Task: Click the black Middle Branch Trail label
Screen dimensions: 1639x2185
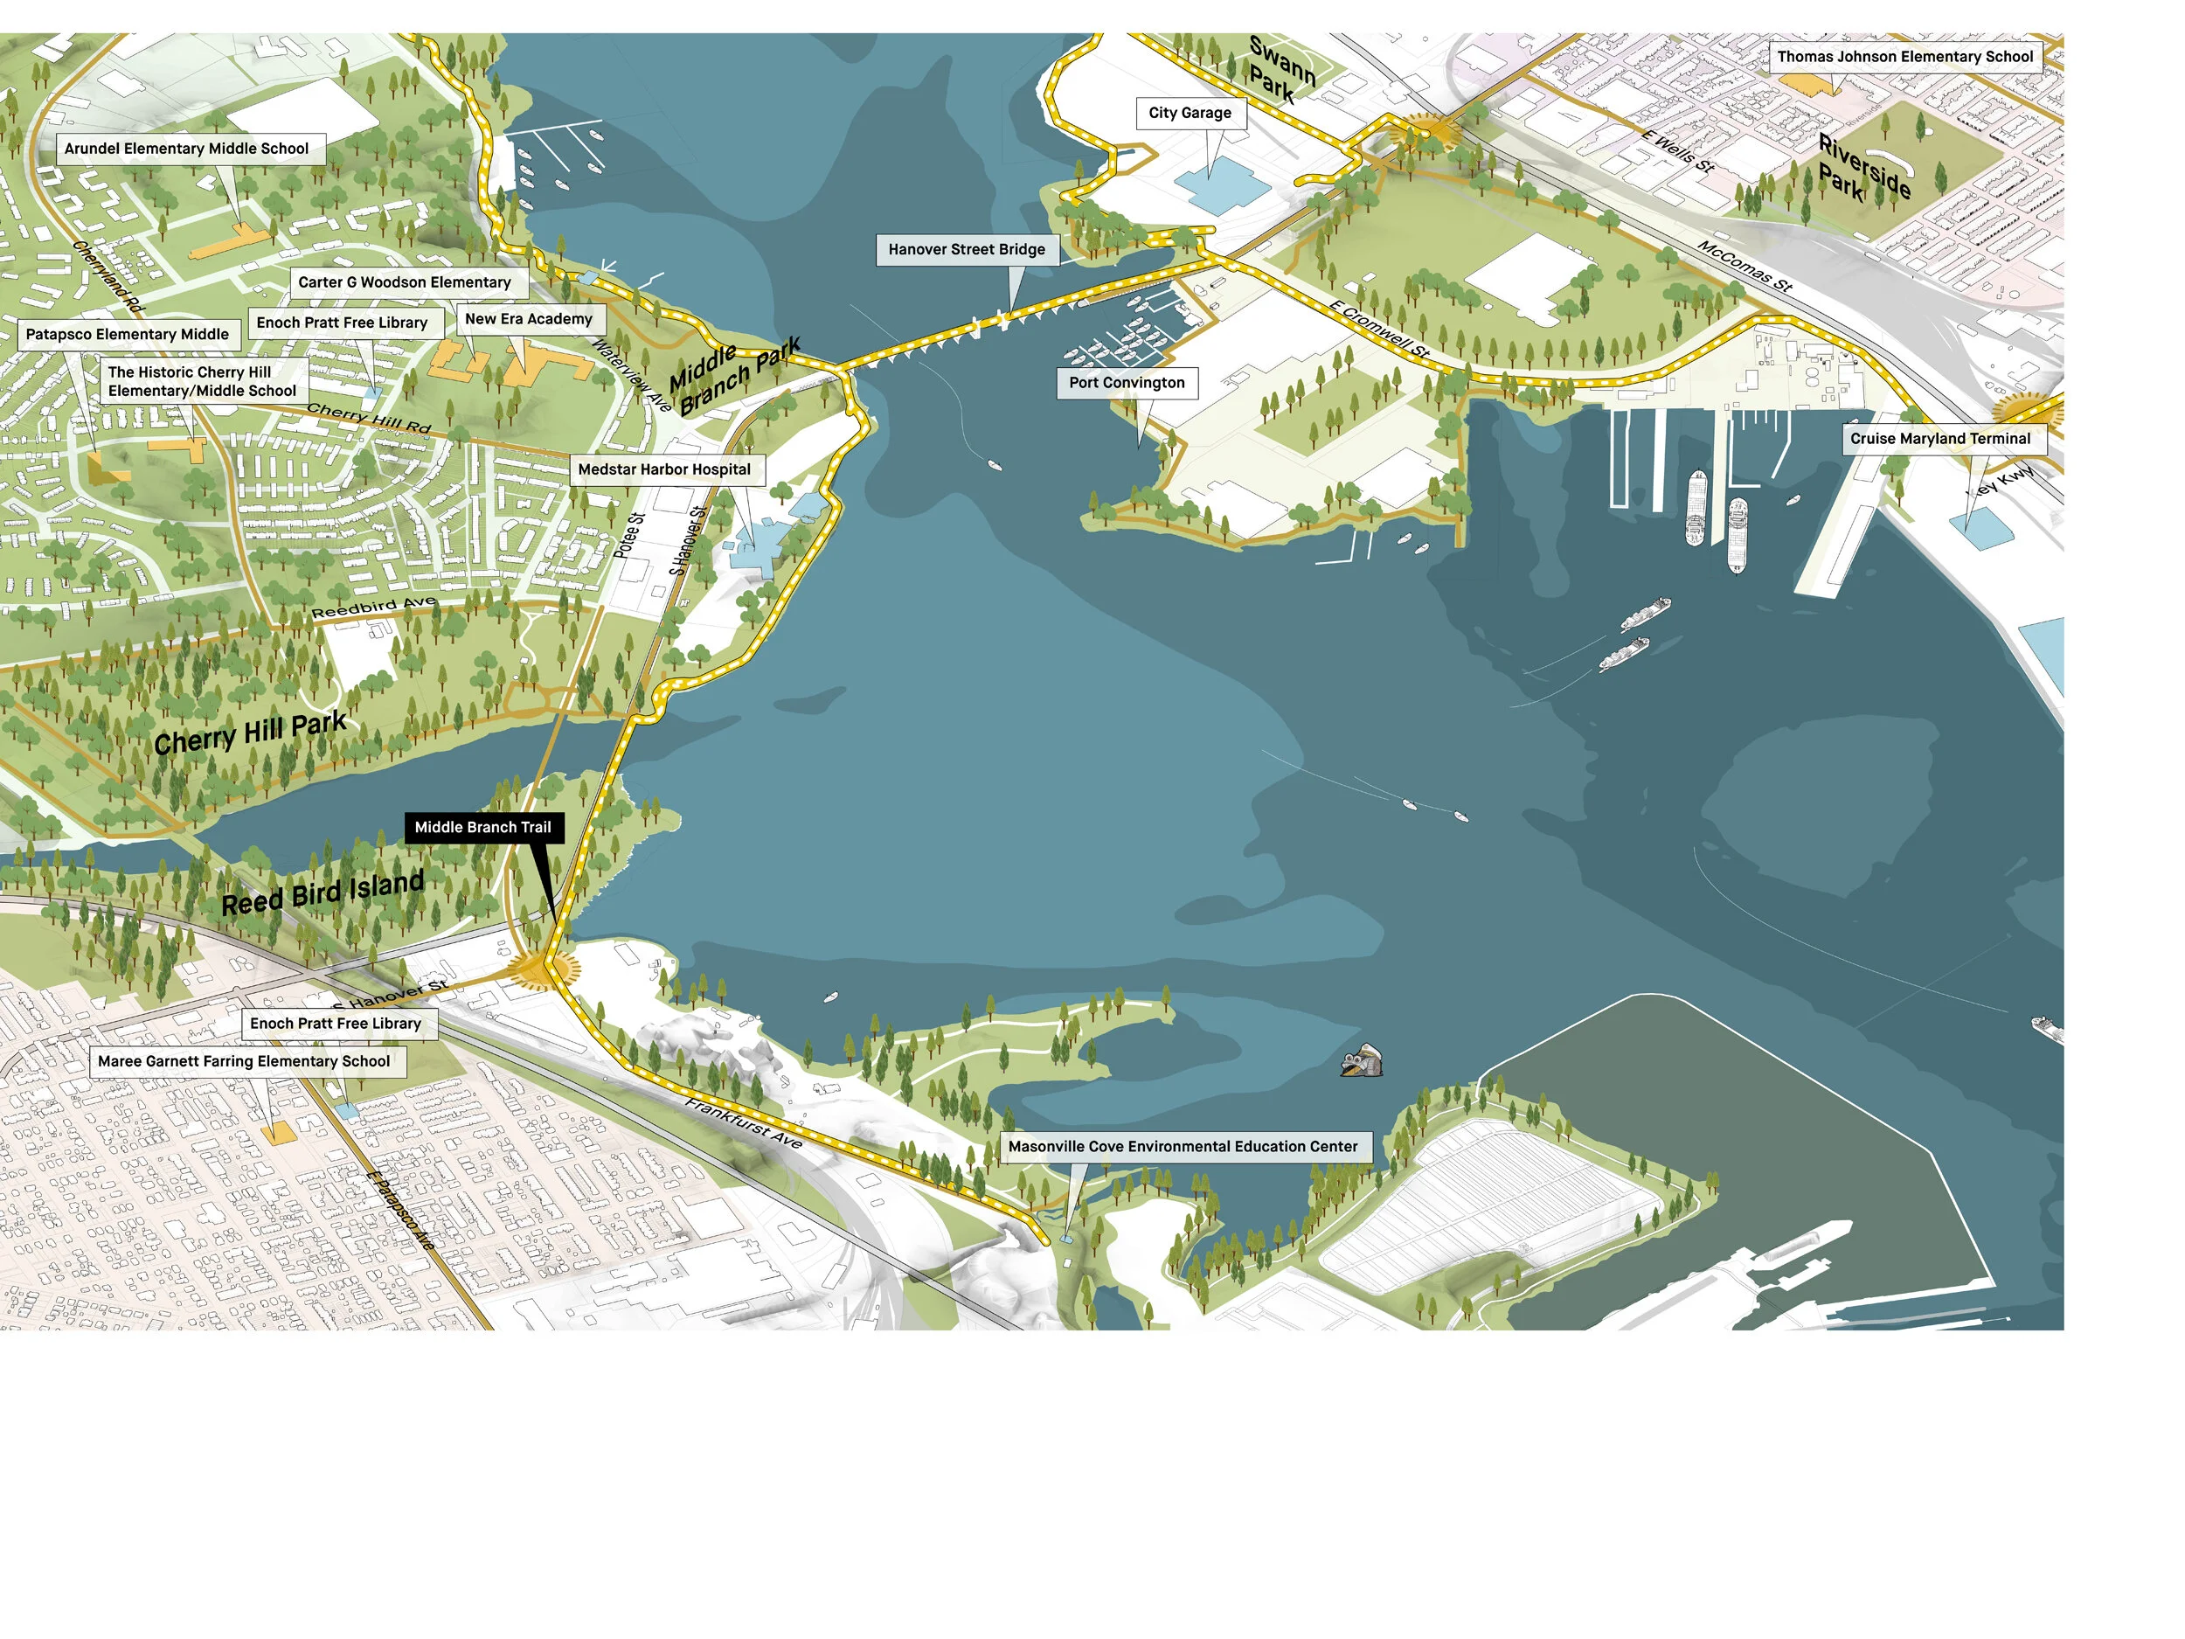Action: (483, 828)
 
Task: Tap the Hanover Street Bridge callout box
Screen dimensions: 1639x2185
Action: (966, 250)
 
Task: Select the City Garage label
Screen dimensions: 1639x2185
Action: (1190, 114)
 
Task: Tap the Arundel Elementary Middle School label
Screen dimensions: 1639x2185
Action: (187, 149)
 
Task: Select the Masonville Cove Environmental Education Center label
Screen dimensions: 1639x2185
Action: (1183, 1147)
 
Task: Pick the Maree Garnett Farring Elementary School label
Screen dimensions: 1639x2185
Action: (244, 1062)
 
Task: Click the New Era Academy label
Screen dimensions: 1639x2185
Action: (529, 319)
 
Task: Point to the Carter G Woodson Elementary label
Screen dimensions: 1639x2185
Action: (405, 282)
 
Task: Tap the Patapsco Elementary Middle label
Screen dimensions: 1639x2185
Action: (128, 335)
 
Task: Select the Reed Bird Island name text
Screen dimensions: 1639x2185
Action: (323, 893)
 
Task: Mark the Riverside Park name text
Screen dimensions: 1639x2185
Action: (1863, 169)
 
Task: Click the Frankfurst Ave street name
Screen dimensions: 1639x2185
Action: (744, 1122)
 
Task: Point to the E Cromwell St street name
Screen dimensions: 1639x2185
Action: (1379, 330)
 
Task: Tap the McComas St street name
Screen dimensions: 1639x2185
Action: (1745, 267)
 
